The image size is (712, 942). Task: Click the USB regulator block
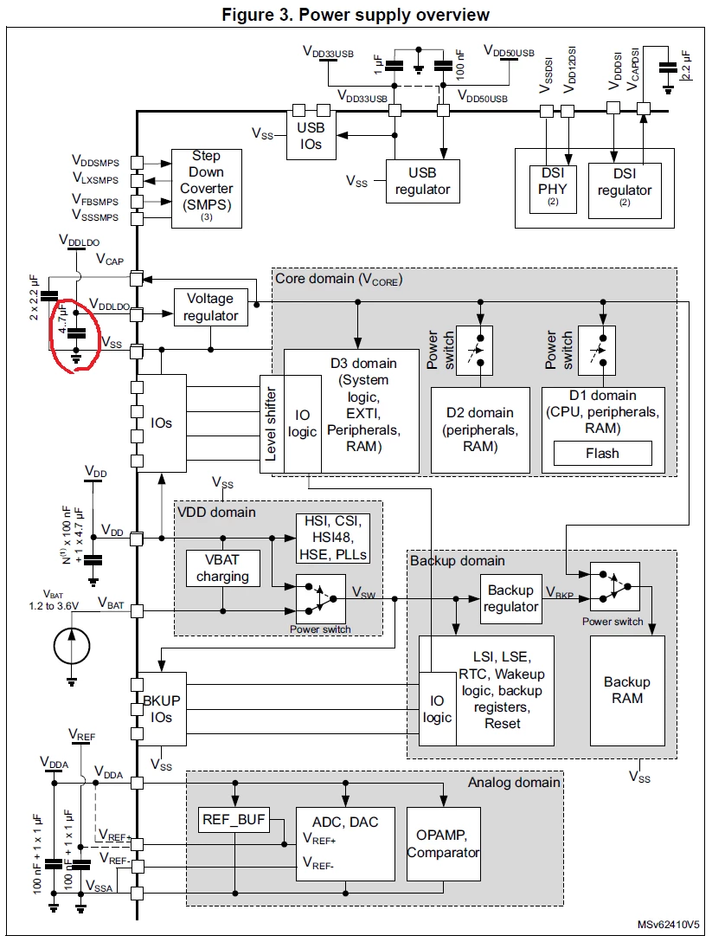click(423, 181)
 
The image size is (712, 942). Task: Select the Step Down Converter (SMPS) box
click(207, 189)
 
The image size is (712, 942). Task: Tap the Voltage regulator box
click(211, 307)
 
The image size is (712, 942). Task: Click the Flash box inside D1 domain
click(602, 454)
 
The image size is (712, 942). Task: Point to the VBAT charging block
click(222, 568)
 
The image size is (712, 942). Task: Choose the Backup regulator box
click(511, 598)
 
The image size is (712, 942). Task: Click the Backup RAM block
click(627, 690)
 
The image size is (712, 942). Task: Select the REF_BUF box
click(234, 820)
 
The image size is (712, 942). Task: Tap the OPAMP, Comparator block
click(444, 844)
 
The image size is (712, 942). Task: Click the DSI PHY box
click(553, 189)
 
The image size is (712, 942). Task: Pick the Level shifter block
click(272, 424)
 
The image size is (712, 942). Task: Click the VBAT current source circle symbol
click(72, 647)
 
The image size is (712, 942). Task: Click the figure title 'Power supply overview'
click(394, 15)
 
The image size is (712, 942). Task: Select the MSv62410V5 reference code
click(668, 925)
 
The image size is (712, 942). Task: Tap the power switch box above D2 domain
click(474, 351)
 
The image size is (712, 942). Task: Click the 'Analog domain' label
click(514, 782)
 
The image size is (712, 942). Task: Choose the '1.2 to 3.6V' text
click(54, 606)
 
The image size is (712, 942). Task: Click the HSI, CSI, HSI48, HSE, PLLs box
click(332, 539)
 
